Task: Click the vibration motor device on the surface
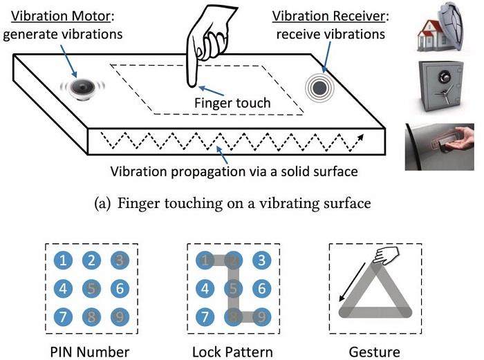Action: click(82, 89)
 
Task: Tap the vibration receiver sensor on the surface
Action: click(319, 88)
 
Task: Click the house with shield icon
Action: click(441, 29)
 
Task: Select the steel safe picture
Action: click(442, 86)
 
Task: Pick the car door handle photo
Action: click(440, 147)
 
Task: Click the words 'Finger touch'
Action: click(232, 103)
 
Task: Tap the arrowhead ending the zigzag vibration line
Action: click(361, 137)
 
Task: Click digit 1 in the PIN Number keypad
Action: click(63, 260)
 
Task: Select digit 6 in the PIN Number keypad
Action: click(120, 288)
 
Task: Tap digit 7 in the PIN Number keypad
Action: click(63, 316)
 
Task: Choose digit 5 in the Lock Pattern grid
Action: click(234, 288)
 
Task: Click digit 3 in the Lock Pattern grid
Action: click(262, 260)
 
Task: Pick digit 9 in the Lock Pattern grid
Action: click(262, 316)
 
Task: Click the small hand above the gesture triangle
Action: click(386, 256)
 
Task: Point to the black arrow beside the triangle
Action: click(352, 282)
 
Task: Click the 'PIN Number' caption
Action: click(90, 352)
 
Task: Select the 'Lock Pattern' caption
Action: click(232, 352)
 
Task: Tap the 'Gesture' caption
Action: click(375, 352)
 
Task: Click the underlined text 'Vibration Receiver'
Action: click(328, 17)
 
